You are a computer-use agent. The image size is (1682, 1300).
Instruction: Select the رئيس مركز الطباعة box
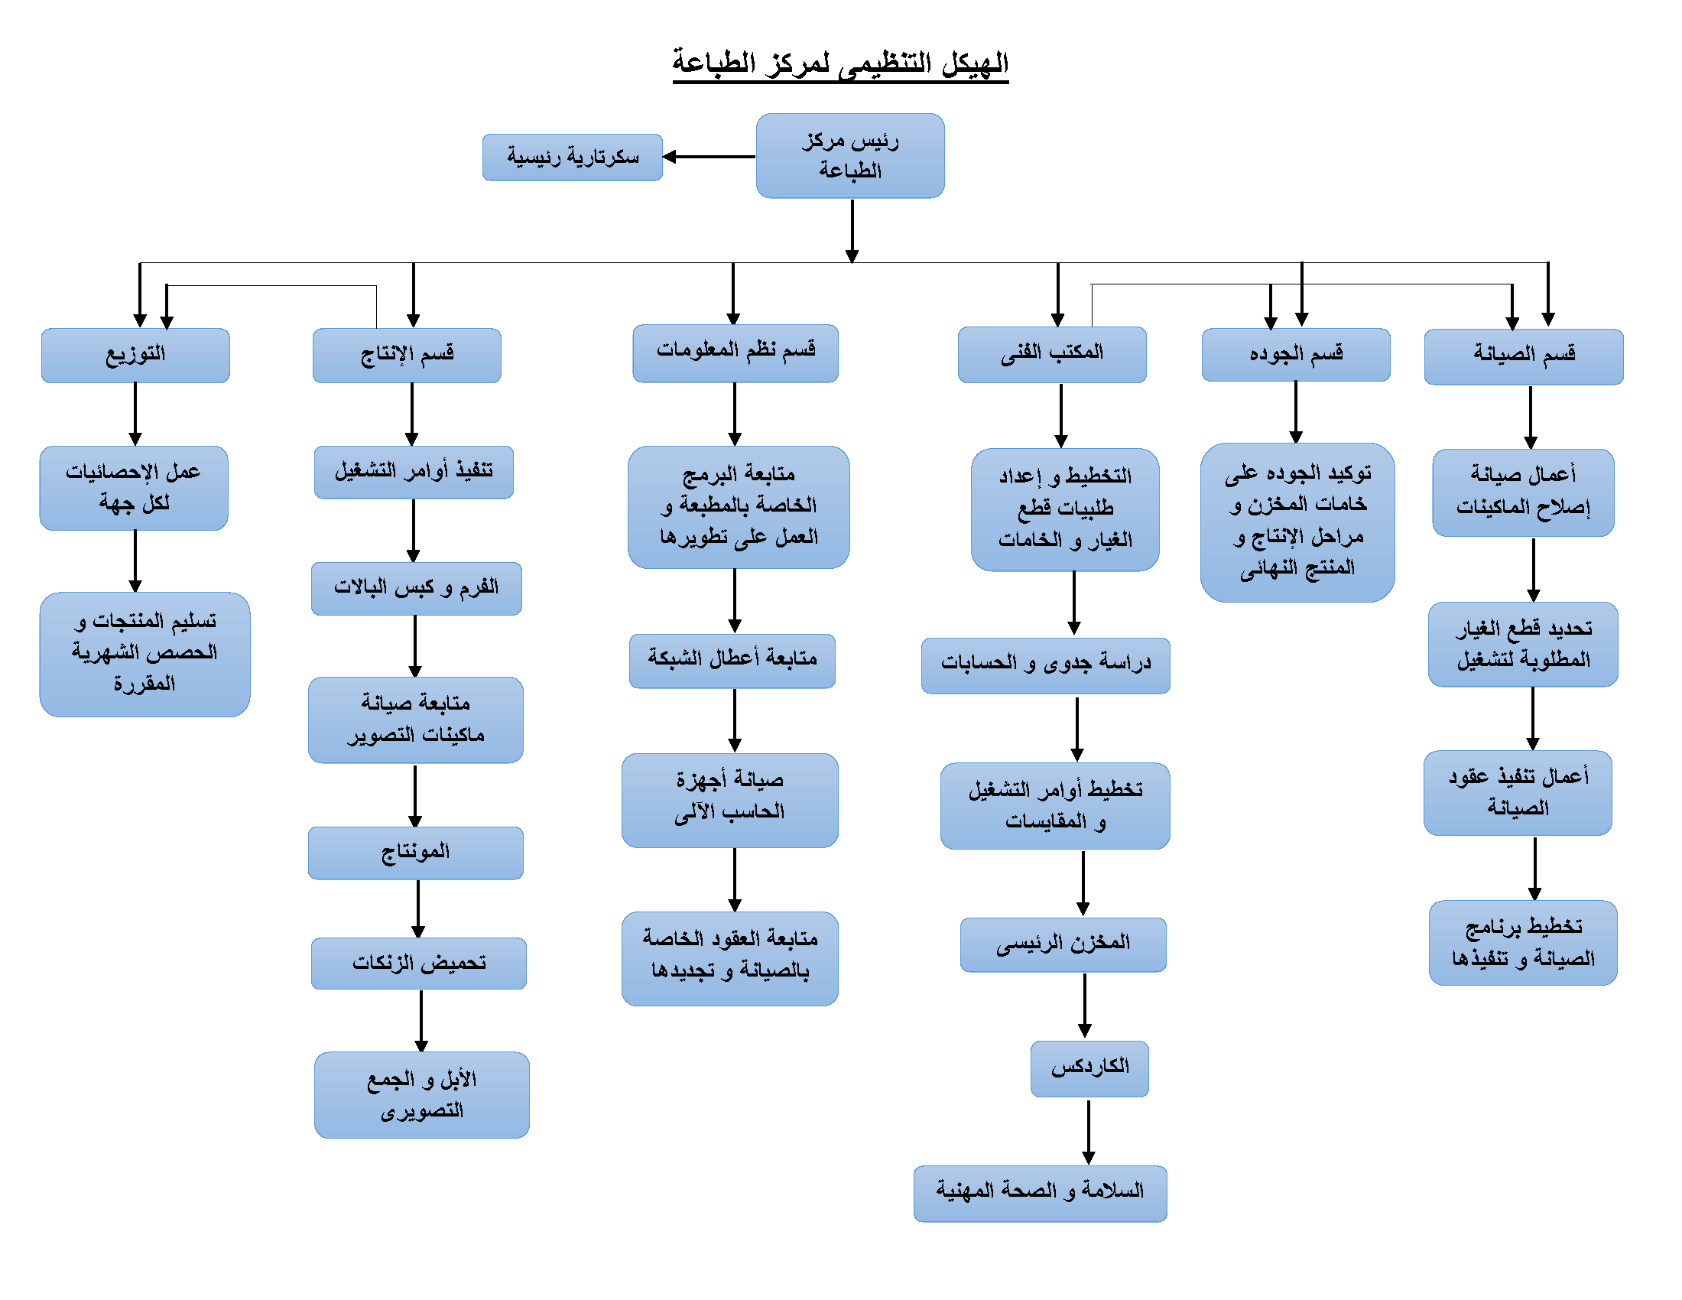[850, 155]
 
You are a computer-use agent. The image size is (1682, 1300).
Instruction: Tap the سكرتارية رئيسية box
[572, 157]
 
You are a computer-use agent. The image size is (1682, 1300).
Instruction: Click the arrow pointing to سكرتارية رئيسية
[709, 156]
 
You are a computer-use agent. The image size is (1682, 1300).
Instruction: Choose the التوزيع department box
[135, 355]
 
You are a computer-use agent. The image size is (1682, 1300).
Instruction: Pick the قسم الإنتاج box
[407, 355]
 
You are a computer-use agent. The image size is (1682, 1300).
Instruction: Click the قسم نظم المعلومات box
[735, 353]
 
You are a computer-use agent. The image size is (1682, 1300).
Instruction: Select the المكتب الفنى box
[1052, 354]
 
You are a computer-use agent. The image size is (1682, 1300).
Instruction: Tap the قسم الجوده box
[1296, 354]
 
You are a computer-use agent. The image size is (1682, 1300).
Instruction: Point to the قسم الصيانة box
[1524, 356]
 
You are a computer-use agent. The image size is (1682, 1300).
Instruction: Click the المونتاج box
[416, 853]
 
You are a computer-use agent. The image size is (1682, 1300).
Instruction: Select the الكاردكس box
[1089, 1068]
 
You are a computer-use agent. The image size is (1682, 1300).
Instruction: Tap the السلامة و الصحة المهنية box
[1041, 1193]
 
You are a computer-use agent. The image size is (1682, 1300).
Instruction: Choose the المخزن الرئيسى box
[1063, 944]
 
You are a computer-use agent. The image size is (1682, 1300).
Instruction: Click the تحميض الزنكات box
[419, 963]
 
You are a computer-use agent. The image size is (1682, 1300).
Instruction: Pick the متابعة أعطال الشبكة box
[732, 661]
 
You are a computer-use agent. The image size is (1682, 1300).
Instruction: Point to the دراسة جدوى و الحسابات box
[1046, 665]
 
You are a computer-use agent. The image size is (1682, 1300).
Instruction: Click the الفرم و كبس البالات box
[417, 588]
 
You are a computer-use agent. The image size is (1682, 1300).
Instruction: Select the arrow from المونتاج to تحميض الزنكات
[418, 908]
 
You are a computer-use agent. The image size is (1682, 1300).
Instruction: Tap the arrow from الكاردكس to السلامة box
[1088, 1131]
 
